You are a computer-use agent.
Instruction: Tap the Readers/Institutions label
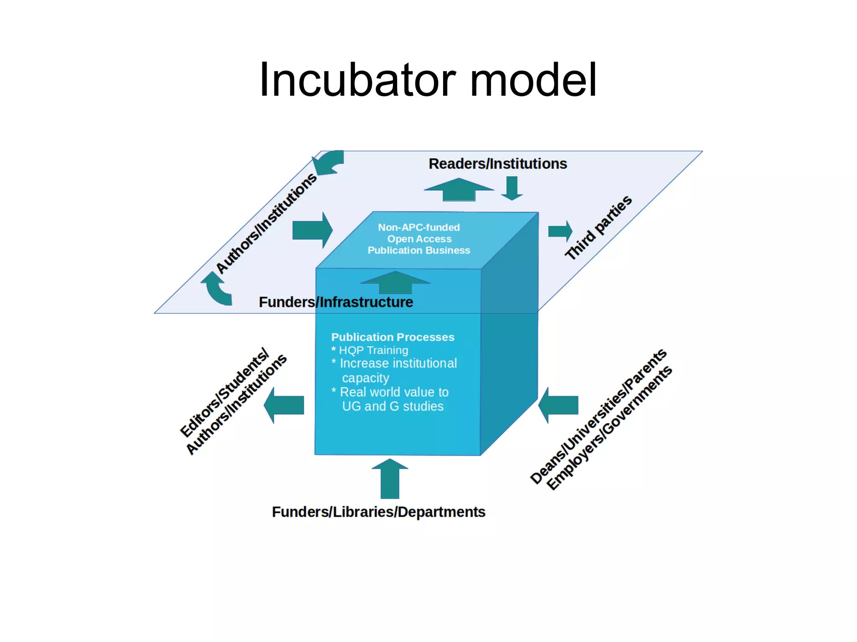pyautogui.click(x=498, y=164)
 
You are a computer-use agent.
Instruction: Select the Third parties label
pyautogui.click(x=598, y=228)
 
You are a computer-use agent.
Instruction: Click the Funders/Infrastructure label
pyautogui.click(x=336, y=302)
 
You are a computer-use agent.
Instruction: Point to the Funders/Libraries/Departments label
pyautogui.click(x=378, y=512)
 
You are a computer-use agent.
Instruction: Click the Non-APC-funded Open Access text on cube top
pyautogui.click(x=419, y=233)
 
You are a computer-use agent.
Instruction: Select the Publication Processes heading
pyautogui.click(x=393, y=337)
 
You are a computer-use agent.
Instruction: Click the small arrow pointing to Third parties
pyautogui.click(x=560, y=231)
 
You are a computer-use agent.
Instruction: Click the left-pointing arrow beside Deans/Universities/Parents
pyautogui.click(x=558, y=405)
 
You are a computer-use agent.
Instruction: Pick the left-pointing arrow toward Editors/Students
pyautogui.click(x=284, y=405)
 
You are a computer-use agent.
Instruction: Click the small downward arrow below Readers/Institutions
pyautogui.click(x=512, y=188)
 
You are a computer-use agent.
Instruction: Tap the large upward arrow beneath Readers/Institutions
pyautogui.click(x=459, y=190)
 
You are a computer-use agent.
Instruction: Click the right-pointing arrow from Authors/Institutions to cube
pyautogui.click(x=312, y=230)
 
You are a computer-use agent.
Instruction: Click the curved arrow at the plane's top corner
pyautogui.click(x=329, y=163)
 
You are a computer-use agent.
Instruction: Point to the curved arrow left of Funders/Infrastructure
pyautogui.click(x=217, y=289)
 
